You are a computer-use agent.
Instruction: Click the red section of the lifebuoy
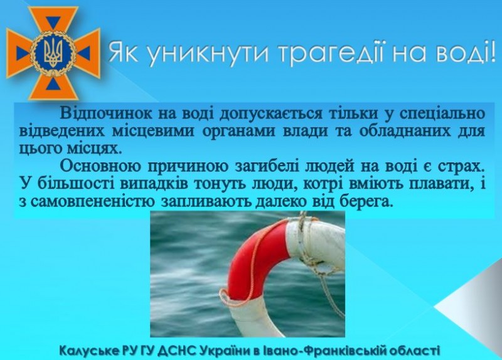point(253,256)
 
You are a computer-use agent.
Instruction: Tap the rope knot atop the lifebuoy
point(302,221)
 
